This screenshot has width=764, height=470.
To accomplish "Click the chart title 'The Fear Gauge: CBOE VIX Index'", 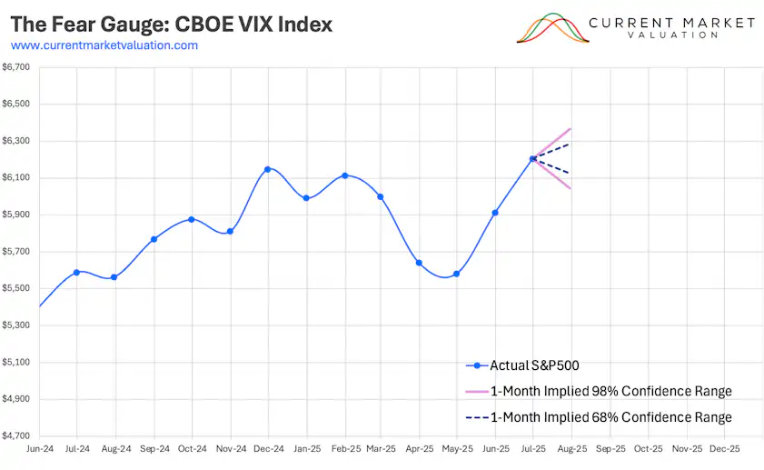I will click(x=171, y=24).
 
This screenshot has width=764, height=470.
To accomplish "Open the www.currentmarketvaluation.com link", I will click(x=104, y=45).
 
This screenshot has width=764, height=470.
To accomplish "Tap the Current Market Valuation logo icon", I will click(x=551, y=28).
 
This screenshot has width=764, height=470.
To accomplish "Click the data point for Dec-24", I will click(x=267, y=169).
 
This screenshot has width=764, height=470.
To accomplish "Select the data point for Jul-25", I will click(x=533, y=159).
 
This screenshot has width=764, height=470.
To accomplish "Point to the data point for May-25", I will click(x=456, y=274).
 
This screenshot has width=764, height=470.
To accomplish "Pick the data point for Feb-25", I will click(x=345, y=175).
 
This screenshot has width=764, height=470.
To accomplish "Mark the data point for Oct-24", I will click(x=191, y=219).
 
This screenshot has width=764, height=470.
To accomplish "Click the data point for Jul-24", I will click(x=76, y=272).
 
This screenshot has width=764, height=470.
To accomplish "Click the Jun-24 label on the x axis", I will click(x=39, y=449).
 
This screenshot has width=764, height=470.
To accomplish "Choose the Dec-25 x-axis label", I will click(x=724, y=449).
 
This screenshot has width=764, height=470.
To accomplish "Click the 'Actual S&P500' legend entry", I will click(x=534, y=365).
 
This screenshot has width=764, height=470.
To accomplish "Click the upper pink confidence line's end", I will click(x=571, y=128).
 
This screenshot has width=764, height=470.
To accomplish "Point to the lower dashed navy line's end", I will click(x=571, y=174).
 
